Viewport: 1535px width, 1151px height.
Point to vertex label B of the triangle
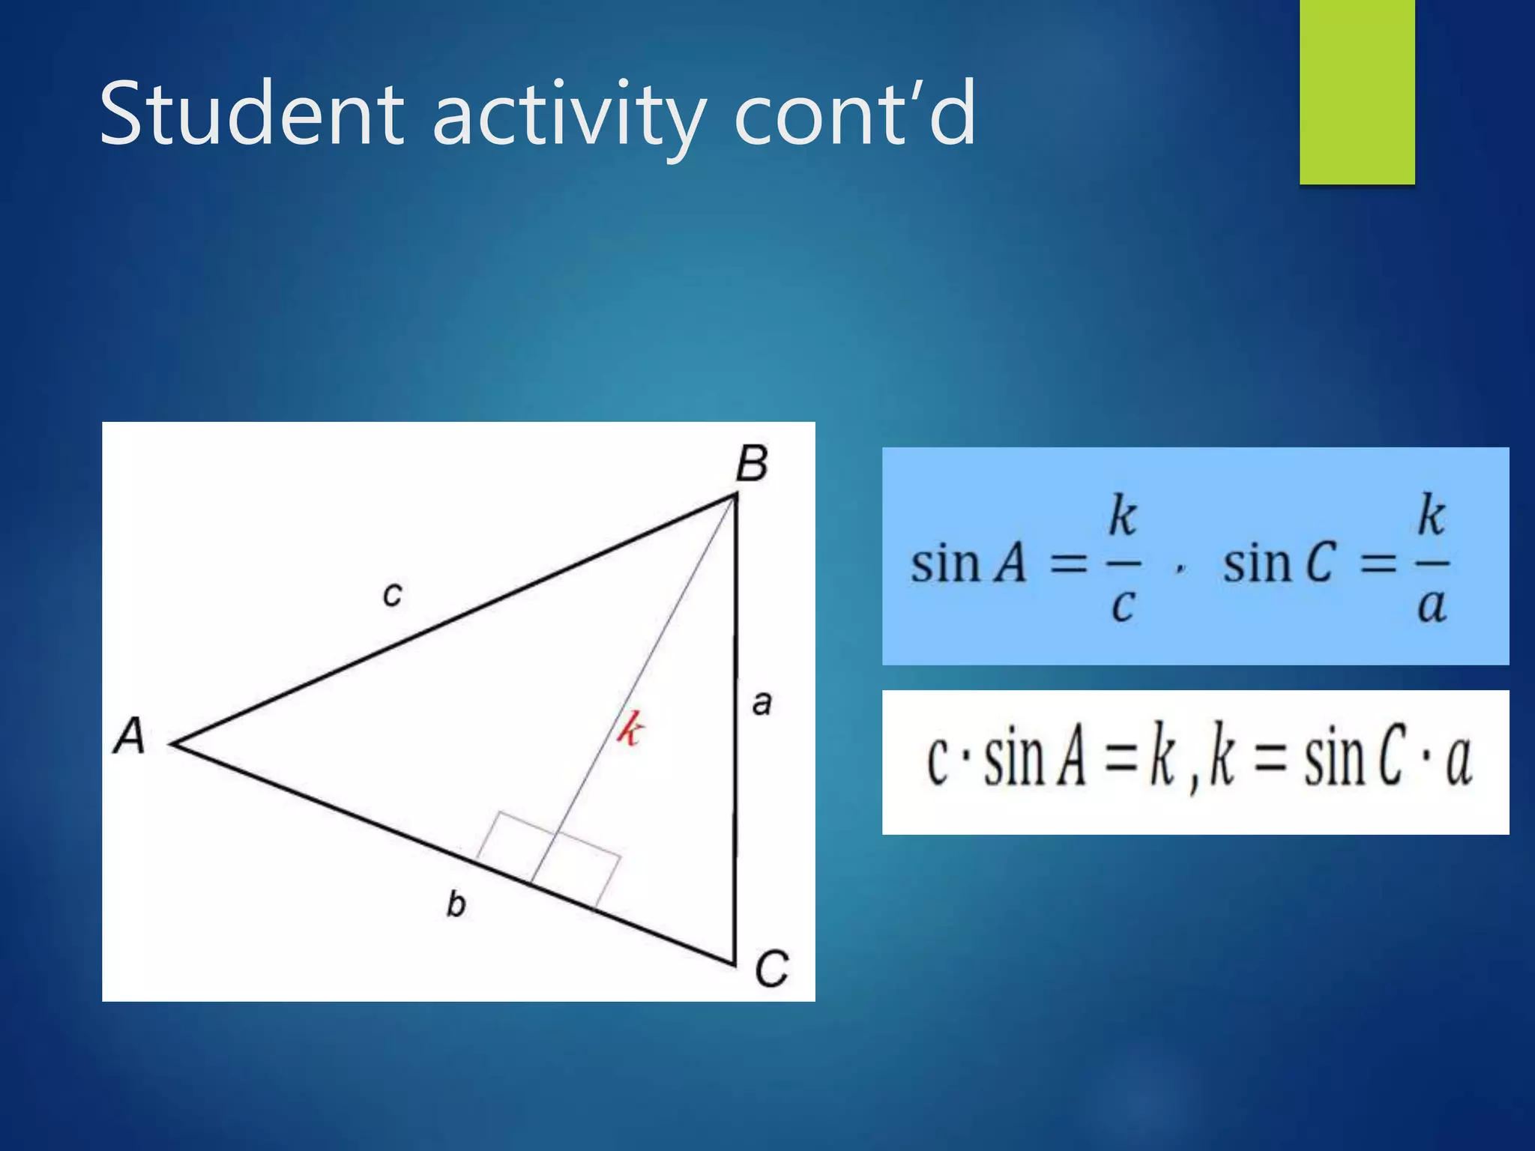(752, 463)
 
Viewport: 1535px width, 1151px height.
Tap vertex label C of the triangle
(771, 968)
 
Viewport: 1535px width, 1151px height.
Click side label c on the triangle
(392, 594)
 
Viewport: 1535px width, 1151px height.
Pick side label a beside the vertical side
(762, 703)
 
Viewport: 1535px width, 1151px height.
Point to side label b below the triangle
(456, 904)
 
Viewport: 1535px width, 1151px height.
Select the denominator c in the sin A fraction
(1122, 605)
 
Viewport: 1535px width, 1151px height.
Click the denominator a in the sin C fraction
(1431, 605)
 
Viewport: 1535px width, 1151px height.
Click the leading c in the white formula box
(938, 761)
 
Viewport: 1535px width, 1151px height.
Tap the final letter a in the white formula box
(1458, 761)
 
